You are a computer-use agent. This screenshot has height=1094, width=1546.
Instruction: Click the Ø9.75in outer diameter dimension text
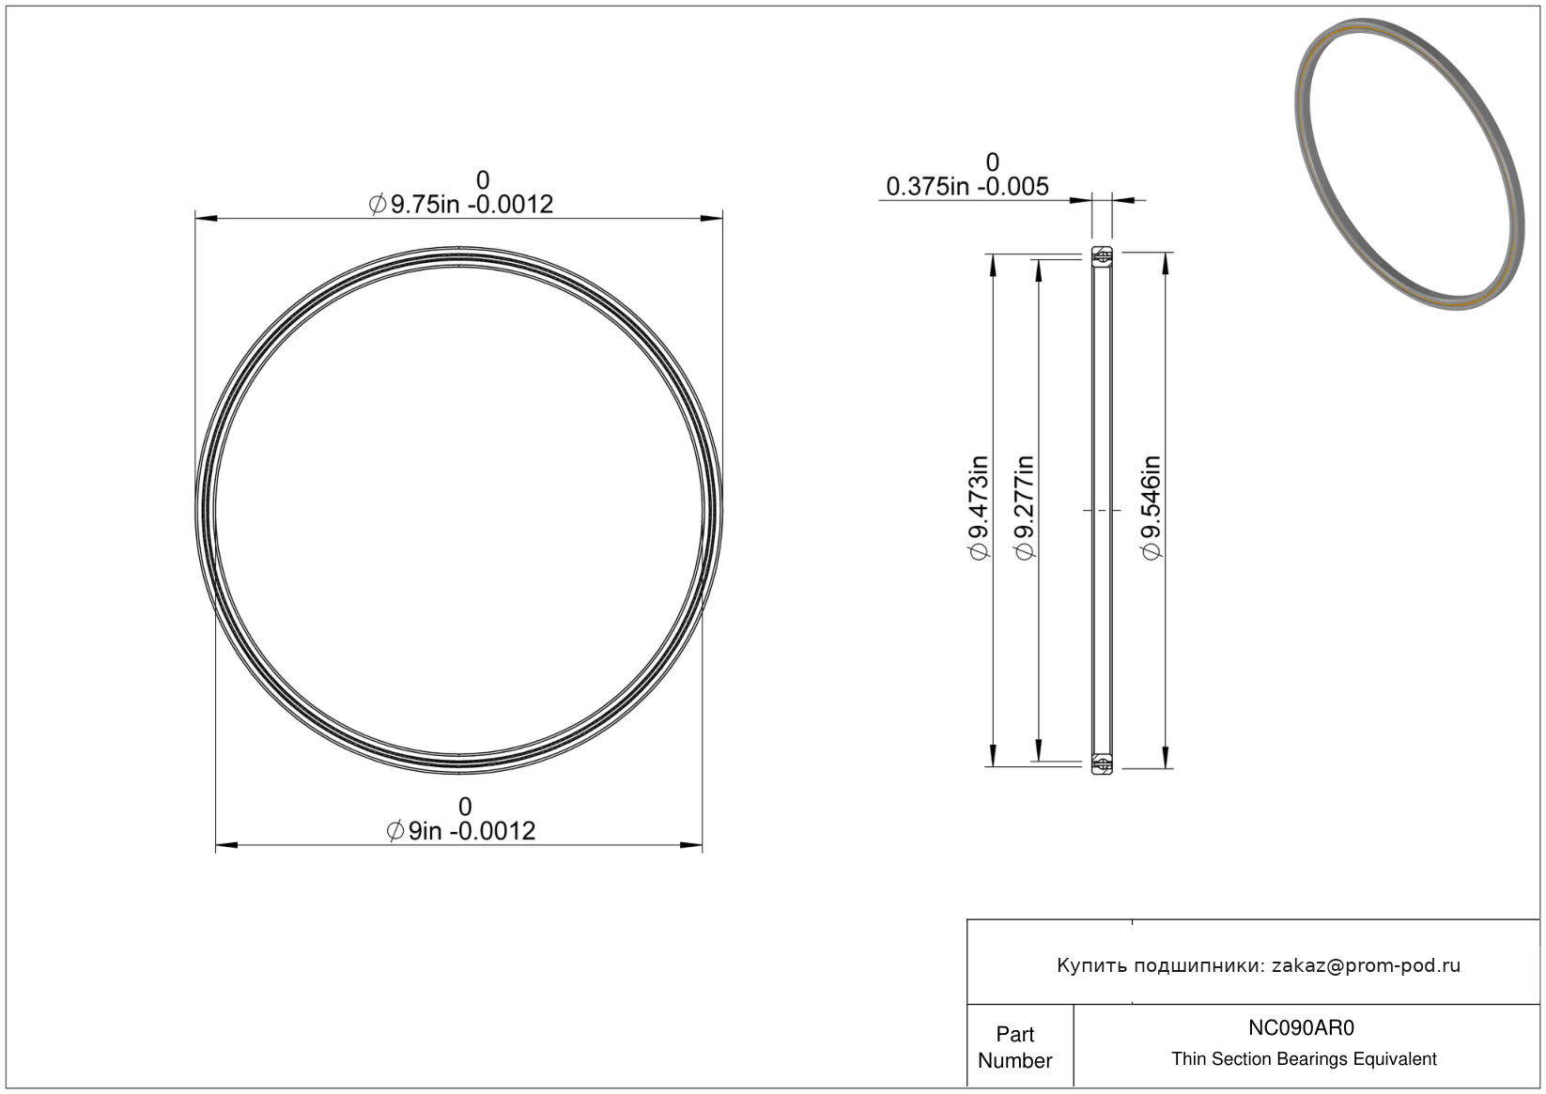coord(461,205)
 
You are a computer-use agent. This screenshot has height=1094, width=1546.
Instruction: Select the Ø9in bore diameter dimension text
coord(461,830)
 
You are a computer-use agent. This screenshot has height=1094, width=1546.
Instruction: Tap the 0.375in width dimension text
coord(966,186)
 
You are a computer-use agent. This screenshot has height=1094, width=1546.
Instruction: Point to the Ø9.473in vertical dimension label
coord(980,508)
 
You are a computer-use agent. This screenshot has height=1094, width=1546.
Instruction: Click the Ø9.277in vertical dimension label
coord(1025,508)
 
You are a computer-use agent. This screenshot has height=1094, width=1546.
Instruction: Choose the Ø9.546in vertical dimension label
coord(1152,508)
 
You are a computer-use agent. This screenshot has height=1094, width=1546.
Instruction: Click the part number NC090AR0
coord(1301,1027)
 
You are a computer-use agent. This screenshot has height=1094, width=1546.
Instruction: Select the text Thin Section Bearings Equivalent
coord(1304,1059)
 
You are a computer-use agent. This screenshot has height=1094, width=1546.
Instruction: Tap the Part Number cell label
coord(1014,1047)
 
